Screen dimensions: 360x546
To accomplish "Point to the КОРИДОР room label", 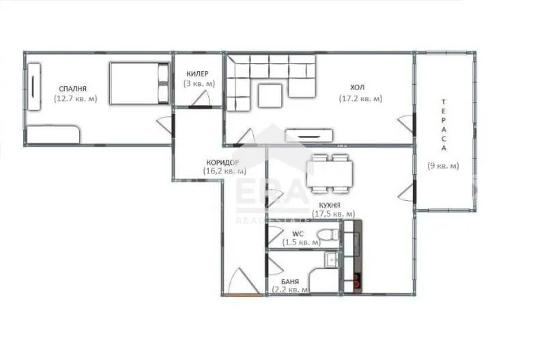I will coord(222,163).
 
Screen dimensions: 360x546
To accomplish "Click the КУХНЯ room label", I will coord(329,204).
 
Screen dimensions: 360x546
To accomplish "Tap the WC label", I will coord(298,233).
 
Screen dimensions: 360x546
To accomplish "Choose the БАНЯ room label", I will coord(290,281).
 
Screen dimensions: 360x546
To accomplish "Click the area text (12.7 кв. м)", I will coord(75,98).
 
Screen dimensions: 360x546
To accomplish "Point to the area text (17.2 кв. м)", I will coord(360,98).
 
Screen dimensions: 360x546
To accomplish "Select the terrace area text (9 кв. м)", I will coord(444,165).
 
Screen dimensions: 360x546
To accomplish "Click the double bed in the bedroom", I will coord(139,83).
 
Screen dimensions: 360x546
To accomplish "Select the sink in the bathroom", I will coord(331,259).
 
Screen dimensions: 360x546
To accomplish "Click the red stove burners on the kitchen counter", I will coord(355,279).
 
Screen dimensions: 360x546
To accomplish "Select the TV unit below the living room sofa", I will coord(310,136).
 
